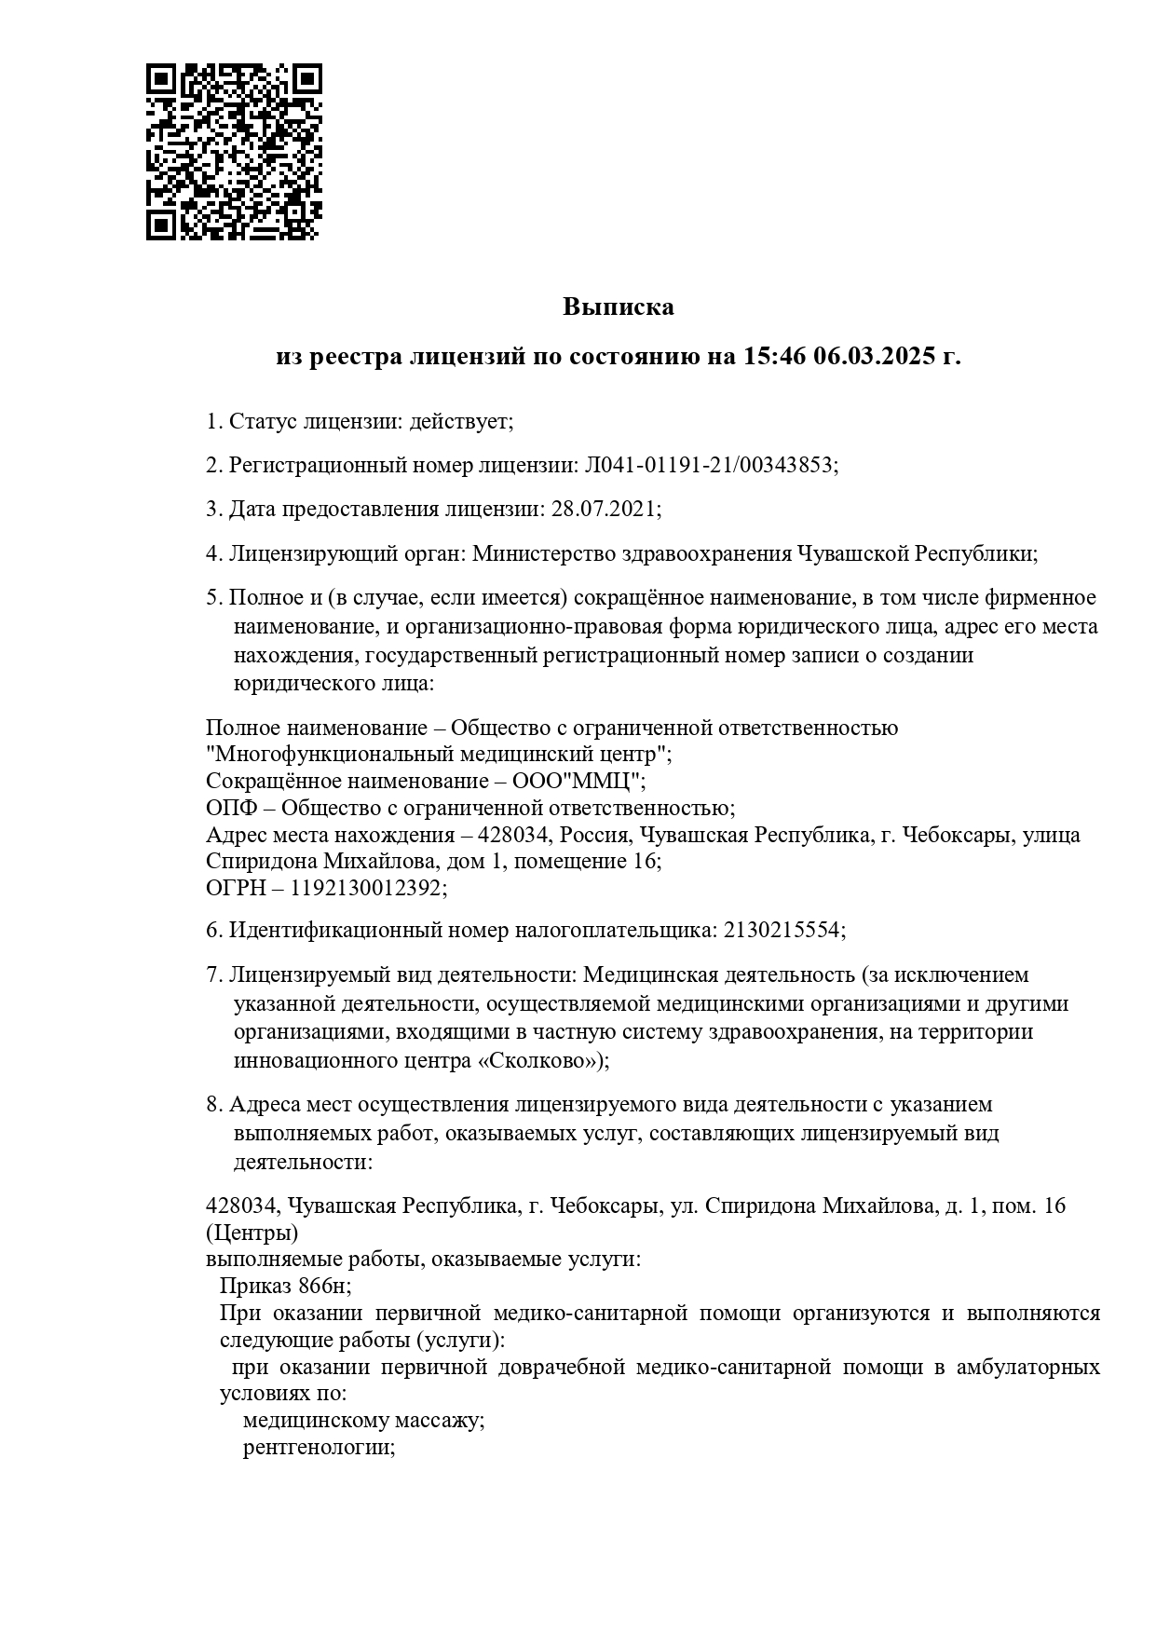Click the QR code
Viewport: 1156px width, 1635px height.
[234, 152]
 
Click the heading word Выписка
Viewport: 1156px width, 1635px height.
[618, 307]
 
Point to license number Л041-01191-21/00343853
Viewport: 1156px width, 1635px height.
[709, 465]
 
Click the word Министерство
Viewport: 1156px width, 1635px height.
[542, 553]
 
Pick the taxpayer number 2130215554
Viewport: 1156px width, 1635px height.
[782, 930]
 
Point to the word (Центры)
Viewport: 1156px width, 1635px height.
[252, 1233]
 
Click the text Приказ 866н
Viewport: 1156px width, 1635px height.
[284, 1286]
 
